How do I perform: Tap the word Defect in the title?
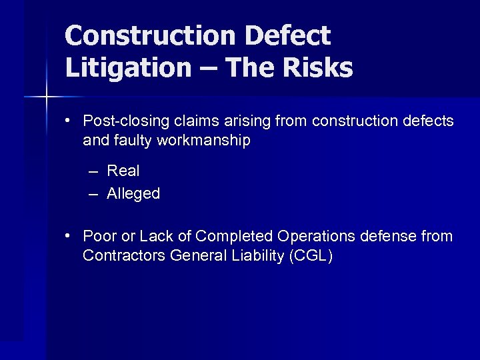[x=294, y=36]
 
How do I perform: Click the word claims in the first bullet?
[x=195, y=121]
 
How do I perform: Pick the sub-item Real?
[x=123, y=171]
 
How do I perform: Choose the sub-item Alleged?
[x=133, y=193]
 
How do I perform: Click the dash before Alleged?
[x=93, y=193]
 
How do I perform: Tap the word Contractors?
[x=123, y=255]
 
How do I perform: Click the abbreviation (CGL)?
[x=311, y=255]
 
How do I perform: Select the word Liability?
[x=257, y=255]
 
